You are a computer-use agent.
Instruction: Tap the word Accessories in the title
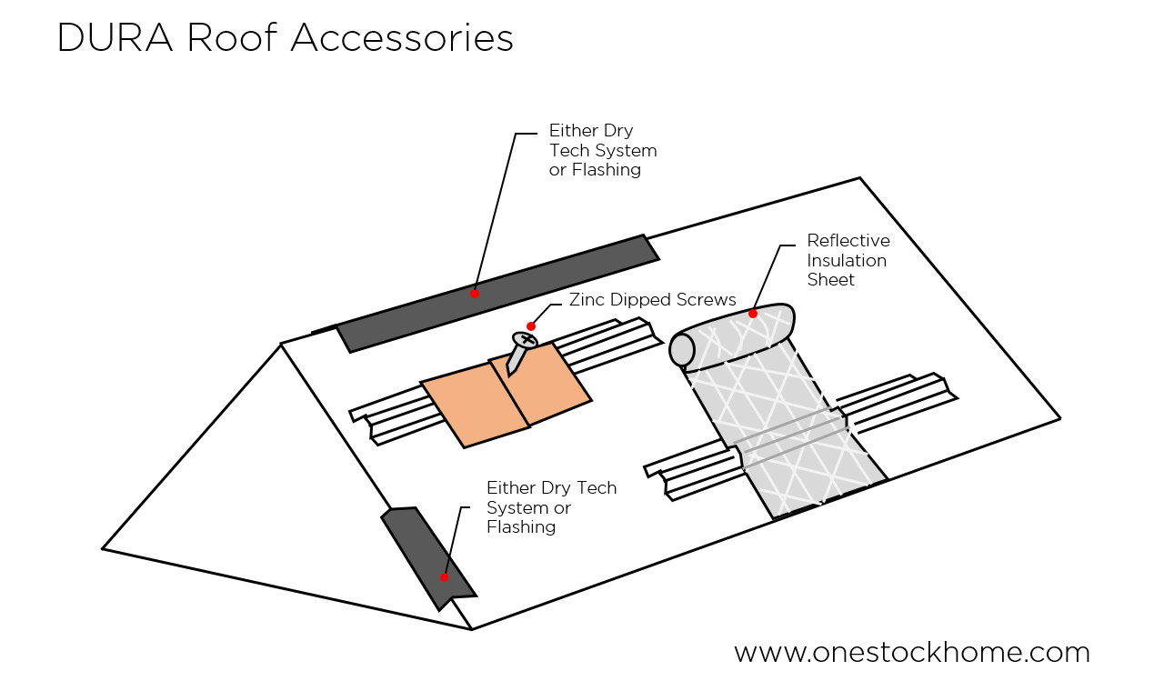pos(402,38)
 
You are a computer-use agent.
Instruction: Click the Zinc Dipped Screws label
pos(652,300)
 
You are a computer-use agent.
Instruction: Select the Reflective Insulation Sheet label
pos(848,260)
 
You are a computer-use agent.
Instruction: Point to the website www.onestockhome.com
pos(911,652)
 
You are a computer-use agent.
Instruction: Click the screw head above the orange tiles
pos(525,340)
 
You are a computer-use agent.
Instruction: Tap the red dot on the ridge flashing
pos(475,294)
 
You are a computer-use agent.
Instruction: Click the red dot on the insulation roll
pos(753,314)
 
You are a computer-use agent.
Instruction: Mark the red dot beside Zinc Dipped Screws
pos(531,326)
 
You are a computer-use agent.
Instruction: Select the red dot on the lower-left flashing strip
pos(445,577)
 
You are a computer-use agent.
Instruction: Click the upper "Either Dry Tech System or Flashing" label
pos(602,150)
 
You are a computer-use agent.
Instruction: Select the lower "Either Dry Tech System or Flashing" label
pos(551,507)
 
